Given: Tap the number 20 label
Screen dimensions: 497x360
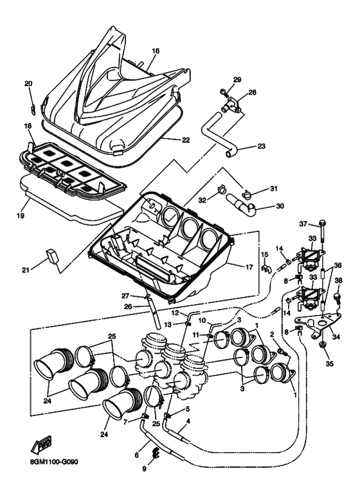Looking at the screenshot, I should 28,84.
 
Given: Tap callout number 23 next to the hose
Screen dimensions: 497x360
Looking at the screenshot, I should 261,146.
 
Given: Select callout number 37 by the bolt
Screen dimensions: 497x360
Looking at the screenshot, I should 304,223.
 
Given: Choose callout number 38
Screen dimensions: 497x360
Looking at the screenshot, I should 339,280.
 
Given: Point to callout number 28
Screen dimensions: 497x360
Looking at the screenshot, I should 252,93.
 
